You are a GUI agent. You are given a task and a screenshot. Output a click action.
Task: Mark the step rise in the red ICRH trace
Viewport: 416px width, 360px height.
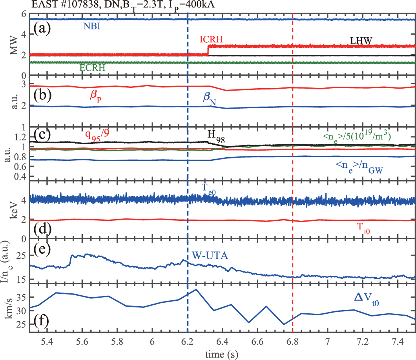pyautogui.click(x=208, y=50)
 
